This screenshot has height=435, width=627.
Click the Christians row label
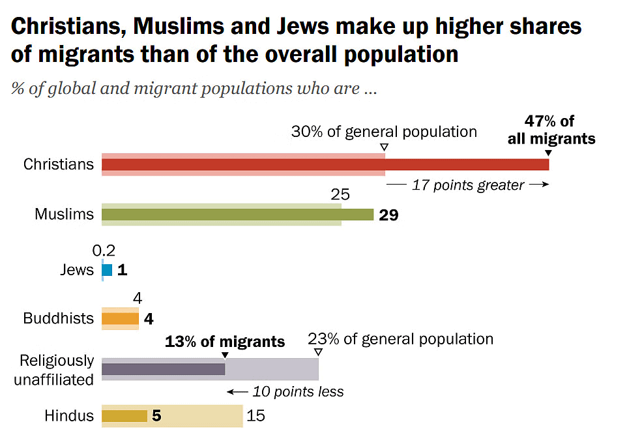tap(59, 164)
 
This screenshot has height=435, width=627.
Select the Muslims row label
tap(64, 214)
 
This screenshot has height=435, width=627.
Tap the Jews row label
tap(76, 269)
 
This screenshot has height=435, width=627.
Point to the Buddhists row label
tap(59, 319)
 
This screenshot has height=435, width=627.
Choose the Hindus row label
tap(69, 416)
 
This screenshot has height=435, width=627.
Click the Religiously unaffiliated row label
tap(54, 370)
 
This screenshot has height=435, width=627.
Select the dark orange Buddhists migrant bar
tap(121, 319)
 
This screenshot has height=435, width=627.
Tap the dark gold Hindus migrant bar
tap(124, 416)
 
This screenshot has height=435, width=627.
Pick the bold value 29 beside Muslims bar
tap(388, 215)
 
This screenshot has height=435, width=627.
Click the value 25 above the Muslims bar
tap(340, 194)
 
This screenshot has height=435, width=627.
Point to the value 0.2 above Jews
tap(104, 250)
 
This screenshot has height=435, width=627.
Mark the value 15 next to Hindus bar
tap(256, 416)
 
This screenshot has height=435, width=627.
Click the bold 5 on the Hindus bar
tap(156, 416)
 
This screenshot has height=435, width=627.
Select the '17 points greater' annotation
tap(468, 185)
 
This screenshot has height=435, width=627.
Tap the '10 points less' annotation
tap(297, 392)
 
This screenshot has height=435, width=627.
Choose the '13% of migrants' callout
tap(225, 342)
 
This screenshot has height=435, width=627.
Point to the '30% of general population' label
tap(384, 132)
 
